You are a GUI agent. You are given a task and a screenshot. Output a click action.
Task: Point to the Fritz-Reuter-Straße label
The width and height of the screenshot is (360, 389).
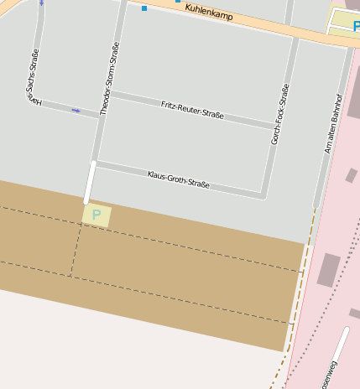[x=192, y=109]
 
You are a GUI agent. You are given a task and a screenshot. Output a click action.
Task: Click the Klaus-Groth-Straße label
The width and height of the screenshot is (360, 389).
[x=178, y=179]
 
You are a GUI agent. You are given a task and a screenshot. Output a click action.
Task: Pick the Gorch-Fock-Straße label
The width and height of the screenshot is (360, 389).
[x=279, y=114]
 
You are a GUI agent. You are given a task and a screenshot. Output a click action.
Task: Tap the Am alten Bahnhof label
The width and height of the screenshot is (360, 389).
[x=334, y=123]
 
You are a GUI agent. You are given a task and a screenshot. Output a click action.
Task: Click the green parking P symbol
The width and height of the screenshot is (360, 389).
[x=97, y=215]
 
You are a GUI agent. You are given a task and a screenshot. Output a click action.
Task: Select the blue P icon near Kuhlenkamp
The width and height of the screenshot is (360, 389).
[x=356, y=26]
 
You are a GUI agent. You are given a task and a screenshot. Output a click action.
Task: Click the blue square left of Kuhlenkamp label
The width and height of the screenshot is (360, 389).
[x=144, y=8]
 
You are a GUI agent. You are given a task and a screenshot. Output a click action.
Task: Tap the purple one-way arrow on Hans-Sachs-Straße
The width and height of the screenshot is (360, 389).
[x=76, y=110]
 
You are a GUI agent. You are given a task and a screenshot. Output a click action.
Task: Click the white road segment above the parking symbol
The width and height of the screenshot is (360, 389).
[x=90, y=182]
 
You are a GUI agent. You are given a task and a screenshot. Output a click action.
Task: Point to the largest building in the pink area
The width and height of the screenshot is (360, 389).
[x=328, y=269]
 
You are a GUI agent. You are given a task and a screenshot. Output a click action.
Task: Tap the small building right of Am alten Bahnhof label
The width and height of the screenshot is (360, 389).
[x=351, y=175]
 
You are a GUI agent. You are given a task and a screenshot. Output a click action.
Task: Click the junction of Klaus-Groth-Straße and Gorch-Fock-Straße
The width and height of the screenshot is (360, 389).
[x=263, y=195]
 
